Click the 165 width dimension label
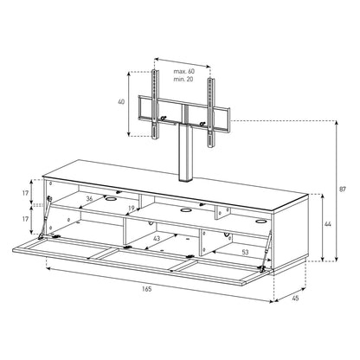click(x=147, y=289)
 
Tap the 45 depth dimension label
click(x=295, y=299)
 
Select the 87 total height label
click(x=343, y=190)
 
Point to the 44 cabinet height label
click(x=328, y=224)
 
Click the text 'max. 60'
click(x=184, y=71)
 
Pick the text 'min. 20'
click(x=183, y=79)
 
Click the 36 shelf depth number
click(x=89, y=199)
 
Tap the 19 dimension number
click(x=132, y=208)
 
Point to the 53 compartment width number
click(x=245, y=252)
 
